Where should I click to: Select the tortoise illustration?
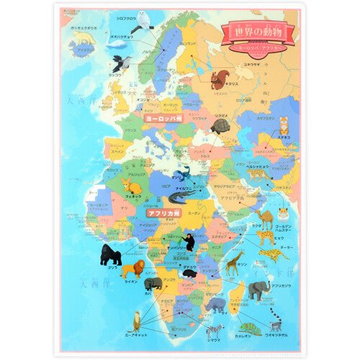220,127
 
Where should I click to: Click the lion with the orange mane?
132,271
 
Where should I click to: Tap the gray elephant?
259,289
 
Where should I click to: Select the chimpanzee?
189,242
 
